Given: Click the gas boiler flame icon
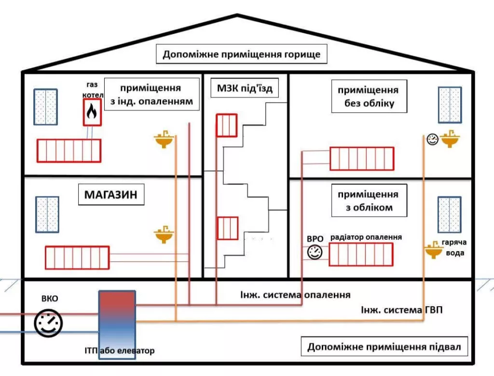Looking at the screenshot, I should pos(91,112).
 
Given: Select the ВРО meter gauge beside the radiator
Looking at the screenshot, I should pos(315,252).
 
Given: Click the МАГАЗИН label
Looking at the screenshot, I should pos(111,195).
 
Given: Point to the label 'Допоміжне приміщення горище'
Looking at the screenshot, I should pos(241,54).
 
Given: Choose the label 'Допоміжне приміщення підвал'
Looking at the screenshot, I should pos(384,347).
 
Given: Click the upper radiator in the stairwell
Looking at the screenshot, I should pos(226,125).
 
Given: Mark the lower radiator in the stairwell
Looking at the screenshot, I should pos(227,228).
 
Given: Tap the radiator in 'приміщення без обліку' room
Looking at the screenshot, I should pos(362,159).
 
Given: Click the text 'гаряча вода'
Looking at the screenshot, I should pos(453,248).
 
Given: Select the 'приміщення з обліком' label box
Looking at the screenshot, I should pos(368,201).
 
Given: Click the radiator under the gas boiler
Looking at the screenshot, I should pos(69,150).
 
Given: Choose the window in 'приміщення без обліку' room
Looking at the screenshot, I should pos(450,105).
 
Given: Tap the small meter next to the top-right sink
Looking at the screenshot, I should pos(432,140).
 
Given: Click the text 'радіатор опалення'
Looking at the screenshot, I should pos(366,237).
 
